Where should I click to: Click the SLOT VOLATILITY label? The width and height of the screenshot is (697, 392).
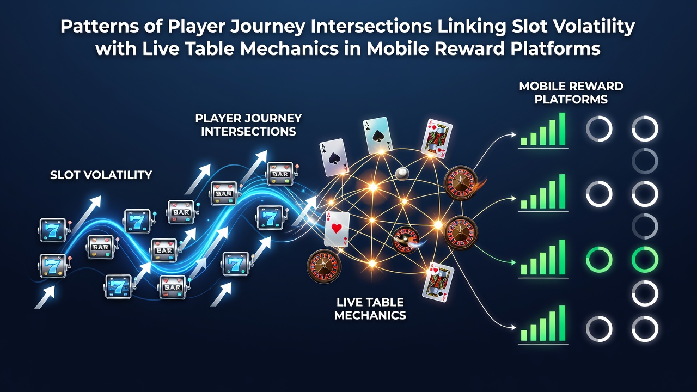(x=101, y=175)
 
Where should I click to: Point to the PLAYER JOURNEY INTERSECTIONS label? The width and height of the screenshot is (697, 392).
(x=248, y=125)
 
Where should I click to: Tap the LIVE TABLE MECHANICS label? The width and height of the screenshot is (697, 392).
(x=370, y=309)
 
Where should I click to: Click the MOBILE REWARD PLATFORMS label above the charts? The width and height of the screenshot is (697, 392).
(x=571, y=93)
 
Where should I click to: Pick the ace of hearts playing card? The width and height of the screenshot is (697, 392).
(x=337, y=229)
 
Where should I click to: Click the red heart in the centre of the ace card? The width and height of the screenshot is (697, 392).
(x=337, y=228)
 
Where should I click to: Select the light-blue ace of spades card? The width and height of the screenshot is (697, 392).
(x=377, y=135)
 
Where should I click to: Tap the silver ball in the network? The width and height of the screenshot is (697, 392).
(x=402, y=174)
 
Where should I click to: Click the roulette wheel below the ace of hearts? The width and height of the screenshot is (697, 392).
(x=324, y=266)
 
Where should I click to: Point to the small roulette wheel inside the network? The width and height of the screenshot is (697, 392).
(x=405, y=240)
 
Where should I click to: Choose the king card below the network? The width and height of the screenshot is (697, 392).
(x=437, y=282)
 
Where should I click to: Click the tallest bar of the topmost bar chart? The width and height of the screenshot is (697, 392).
(x=562, y=129)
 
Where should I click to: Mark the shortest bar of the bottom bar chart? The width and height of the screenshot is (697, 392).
(x=524, y=335)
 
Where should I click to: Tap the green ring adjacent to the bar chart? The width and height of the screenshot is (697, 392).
(x=599, y=260)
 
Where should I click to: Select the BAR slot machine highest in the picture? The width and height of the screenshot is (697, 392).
(x=280, y=174)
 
